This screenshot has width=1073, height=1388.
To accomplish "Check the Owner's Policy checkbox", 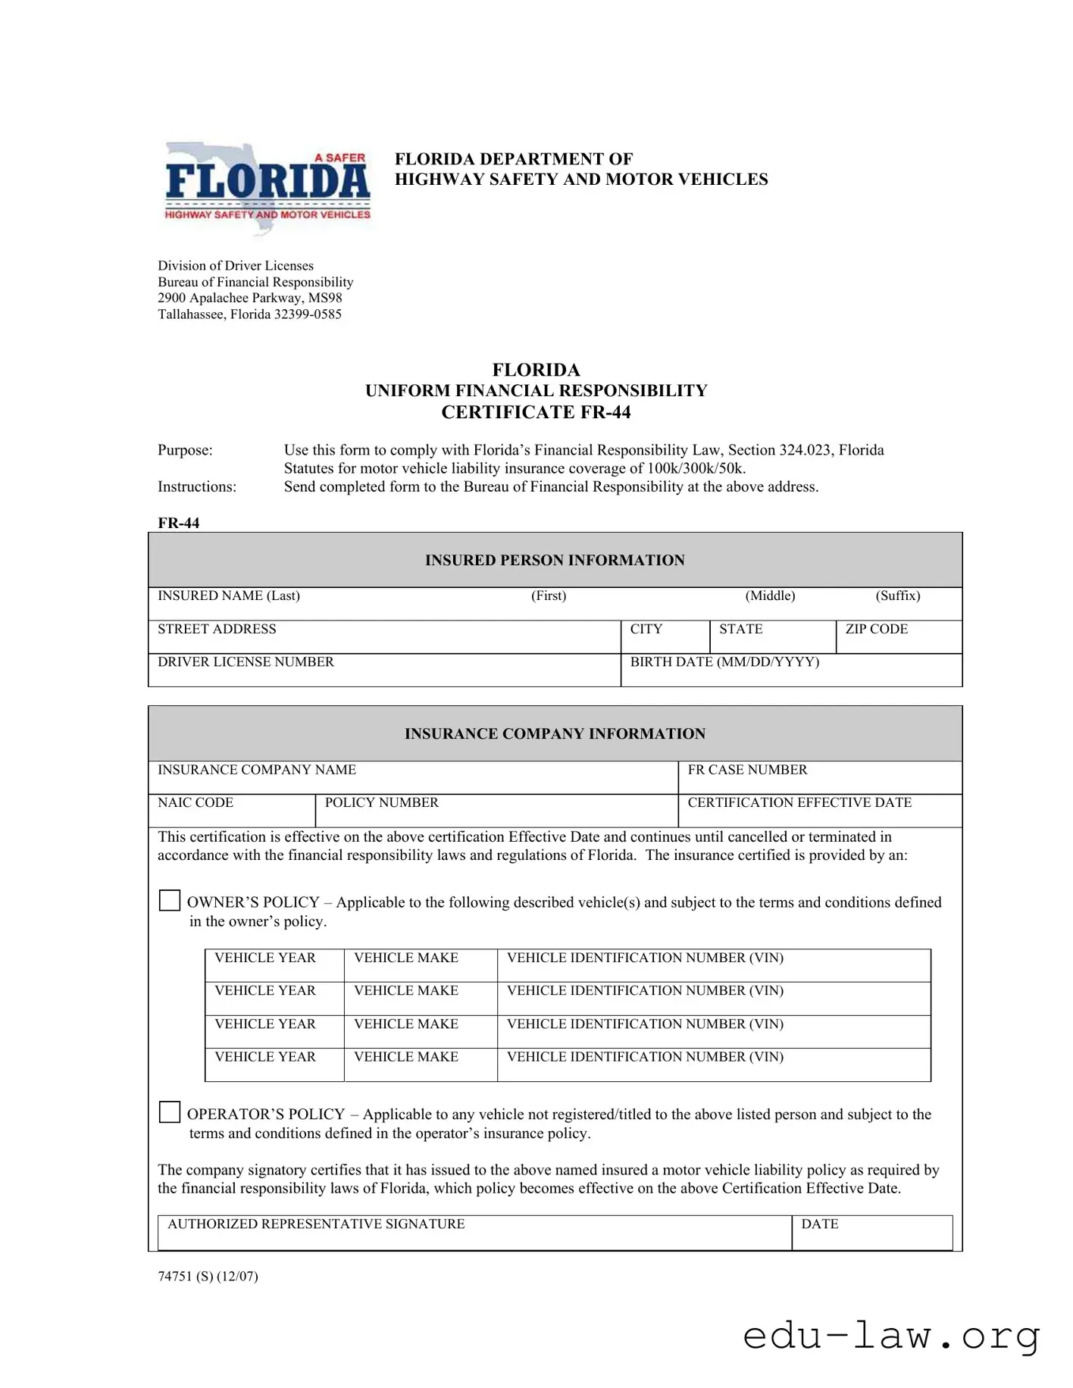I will (x=170, y=900).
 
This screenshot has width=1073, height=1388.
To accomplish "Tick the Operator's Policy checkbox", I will (x=170, y=1111).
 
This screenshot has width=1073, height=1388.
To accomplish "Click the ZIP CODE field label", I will (x=876, y=629).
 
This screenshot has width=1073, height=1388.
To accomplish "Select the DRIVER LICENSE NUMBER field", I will (x=384, y=671).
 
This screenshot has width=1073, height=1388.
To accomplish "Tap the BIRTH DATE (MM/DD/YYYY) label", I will (x=724, y=661).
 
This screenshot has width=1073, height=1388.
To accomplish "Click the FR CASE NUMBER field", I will (x=819, y=777).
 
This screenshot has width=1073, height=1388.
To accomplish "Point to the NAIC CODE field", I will (x=231, y=811).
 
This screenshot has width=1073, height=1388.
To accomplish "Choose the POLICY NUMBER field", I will (x=496, y=811).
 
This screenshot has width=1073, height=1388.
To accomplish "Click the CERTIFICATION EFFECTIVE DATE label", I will (x=799, y=802).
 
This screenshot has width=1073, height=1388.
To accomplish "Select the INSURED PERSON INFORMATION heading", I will (x=555, y=560).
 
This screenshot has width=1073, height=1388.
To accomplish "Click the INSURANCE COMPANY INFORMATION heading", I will (x=555, y=733).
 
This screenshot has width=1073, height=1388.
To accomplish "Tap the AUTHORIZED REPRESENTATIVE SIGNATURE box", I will (x=474, y=1233).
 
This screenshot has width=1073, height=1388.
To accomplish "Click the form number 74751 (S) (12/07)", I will (x=208, y=1276).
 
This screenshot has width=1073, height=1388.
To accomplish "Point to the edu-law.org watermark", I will (x=891, y=1335).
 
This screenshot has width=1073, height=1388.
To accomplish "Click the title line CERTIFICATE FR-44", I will (x=536, y=412).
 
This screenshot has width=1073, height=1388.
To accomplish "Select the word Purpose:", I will (x=185, y=450).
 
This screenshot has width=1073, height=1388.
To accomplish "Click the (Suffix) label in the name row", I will (x=898, y=596).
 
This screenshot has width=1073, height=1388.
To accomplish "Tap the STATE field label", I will (x=740, y=629).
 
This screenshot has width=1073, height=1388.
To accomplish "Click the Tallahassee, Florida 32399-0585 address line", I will (x=249, y=314).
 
